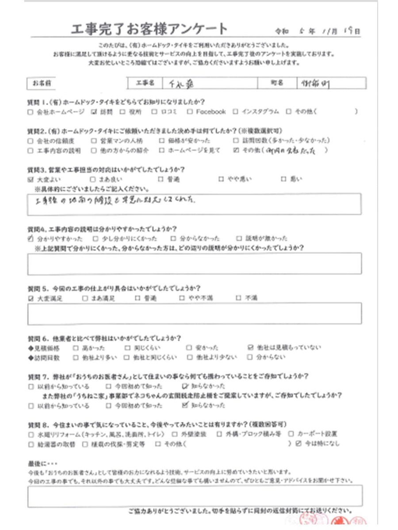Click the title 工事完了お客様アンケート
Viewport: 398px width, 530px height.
point(149,30)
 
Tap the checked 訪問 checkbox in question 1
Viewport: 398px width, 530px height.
point(93,112)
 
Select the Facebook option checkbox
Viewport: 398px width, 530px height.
point(189,112)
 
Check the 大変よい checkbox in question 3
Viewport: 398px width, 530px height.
point(31,180)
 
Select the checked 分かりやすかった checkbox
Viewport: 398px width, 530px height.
point(30,239)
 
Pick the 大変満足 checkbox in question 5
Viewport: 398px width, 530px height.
point(31,299)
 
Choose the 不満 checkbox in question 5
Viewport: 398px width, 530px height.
point(239,299)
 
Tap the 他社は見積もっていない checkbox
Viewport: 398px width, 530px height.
point(251,348)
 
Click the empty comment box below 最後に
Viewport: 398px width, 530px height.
point(195,495)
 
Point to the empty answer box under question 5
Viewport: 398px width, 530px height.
point(195,314)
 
